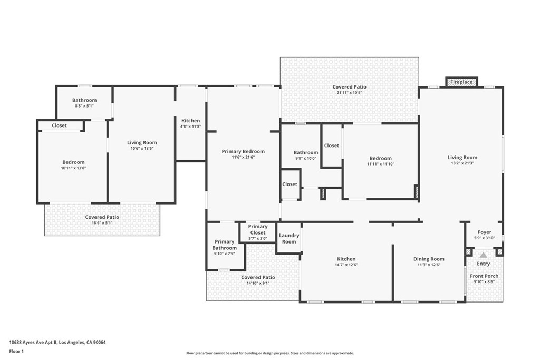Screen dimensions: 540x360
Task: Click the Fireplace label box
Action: click(x=461, y=82)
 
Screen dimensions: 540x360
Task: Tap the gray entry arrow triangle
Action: click(x=484, y=255)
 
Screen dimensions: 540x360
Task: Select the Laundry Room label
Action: click(x=289, y=239)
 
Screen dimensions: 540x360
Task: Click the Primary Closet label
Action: click(x=257, y=230)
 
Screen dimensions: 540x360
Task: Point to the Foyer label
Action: click(x=485, y=232)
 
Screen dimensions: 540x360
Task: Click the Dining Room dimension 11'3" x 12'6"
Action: click(x=429, y=265)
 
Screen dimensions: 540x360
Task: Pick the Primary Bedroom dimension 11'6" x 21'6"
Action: click(x=243, y=157)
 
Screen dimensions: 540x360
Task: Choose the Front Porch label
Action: click(x=484, y=276)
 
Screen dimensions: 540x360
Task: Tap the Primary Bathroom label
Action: click(x=225, y=245)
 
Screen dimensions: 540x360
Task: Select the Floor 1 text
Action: click(x=16, y=352)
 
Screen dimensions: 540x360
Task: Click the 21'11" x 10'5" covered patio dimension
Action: click(x=349, y=93)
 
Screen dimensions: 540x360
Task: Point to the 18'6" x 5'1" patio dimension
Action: click(x=102, y=223)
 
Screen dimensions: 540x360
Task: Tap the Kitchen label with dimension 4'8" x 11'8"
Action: click(x=190, y=121)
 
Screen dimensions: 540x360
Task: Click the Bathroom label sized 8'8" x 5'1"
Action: click(x=84, y=100)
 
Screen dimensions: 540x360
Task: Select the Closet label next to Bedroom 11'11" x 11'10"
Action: click(x=331, y=145)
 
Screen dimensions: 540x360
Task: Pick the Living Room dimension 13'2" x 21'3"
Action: click(x=462, y=163)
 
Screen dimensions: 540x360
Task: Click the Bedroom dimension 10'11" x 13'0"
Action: click(x=73, y=168)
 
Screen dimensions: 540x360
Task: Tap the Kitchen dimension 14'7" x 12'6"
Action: click(x=346, y=265)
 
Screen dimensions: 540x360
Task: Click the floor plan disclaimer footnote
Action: click(x=270, y=353)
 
